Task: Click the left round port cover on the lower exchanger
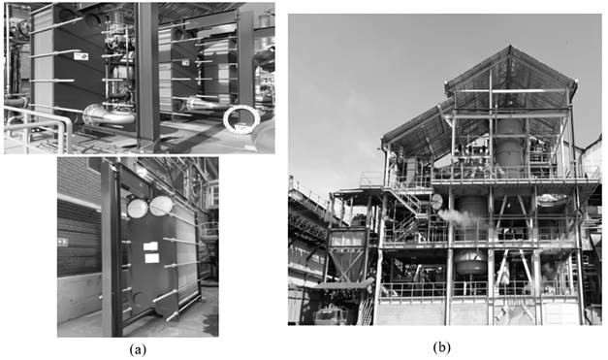137,207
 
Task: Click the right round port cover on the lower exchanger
160,206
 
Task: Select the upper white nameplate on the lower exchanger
152,246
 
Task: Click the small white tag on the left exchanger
82,57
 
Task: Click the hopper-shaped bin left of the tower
345,258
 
